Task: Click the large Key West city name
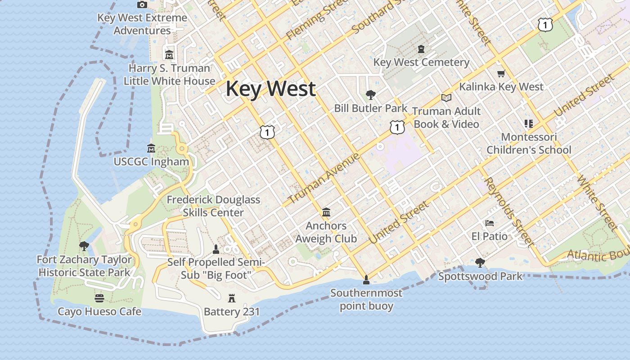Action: pos(270,89)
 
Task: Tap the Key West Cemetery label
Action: pos(421,62)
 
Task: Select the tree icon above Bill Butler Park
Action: pos(371,95)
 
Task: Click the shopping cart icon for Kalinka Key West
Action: pos(501,73)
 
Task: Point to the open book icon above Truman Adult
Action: pos(446,98)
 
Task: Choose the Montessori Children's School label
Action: pos(529,143)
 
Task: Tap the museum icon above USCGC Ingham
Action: pos(151,148)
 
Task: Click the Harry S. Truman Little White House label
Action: pos(169,75)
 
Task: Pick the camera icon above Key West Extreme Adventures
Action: pos(142,4)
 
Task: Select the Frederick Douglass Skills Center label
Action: pos(213,206)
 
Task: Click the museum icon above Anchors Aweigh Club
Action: pos(326,212)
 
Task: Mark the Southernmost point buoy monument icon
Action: pos(366,279)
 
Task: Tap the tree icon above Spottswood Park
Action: pos(480,262)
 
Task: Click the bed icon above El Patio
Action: pos(490,223)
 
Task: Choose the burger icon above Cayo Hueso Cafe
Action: pos(99,298)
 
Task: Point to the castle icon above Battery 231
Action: pos(232,298)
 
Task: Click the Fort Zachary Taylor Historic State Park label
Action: pos(84,266)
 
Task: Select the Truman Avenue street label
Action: pos(324,178)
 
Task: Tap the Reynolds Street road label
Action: pos(510,212)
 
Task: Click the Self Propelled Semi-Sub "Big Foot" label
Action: pos(216,268)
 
